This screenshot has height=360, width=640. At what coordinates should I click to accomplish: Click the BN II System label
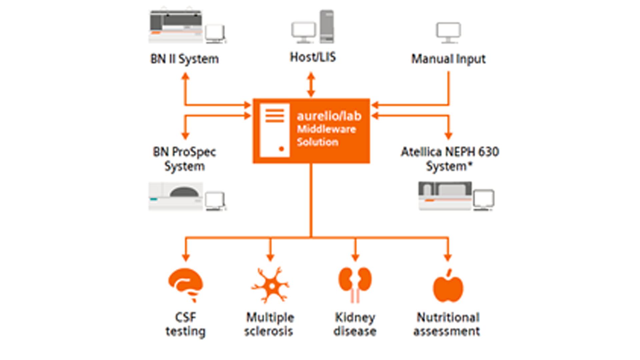tap(185, 59)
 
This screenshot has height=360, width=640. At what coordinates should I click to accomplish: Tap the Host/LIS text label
tap(313, 57)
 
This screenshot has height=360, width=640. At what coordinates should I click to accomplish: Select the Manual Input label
tap(448, 59)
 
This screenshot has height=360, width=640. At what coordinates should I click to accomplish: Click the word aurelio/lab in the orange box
tap(329, 116)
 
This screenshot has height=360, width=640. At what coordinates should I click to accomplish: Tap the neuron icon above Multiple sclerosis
tap(270, 285)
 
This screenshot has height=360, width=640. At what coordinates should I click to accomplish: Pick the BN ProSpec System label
tap(184, 159)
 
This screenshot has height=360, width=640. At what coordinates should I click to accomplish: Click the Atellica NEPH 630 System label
tap(450, 159)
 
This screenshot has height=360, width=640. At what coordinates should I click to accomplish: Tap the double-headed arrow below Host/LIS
tap(311, 85)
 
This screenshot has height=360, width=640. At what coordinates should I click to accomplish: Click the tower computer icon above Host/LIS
tap(327, 27)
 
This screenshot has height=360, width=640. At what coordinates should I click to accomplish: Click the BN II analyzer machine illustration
tap(176, 27)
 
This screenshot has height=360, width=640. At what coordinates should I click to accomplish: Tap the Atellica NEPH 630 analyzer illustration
tap(445, 196)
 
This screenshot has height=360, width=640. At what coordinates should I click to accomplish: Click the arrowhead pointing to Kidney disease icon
tap(355, 257)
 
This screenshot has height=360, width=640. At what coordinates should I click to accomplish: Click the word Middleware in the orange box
tap(326, 129)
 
